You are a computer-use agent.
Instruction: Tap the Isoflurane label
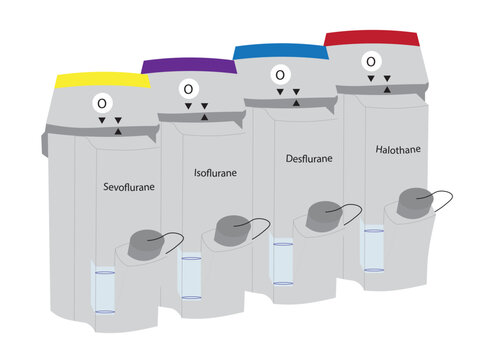(x=214, y=172)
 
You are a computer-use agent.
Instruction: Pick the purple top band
(x=188, y=66)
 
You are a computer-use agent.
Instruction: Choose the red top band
(x=371, y=38)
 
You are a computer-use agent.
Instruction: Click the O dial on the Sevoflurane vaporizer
(x=101, y=102)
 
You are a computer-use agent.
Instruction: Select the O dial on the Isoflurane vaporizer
(x=189, y=88)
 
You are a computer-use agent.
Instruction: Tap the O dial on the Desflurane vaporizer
(x=280, y=74)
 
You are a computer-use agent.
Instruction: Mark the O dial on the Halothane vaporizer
(x=371, y=61)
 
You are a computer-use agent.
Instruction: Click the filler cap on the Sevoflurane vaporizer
(x=148, y=243)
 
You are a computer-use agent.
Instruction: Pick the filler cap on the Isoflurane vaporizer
(x=232, y=229)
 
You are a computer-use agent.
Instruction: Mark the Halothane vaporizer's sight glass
(x=373, y=250)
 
